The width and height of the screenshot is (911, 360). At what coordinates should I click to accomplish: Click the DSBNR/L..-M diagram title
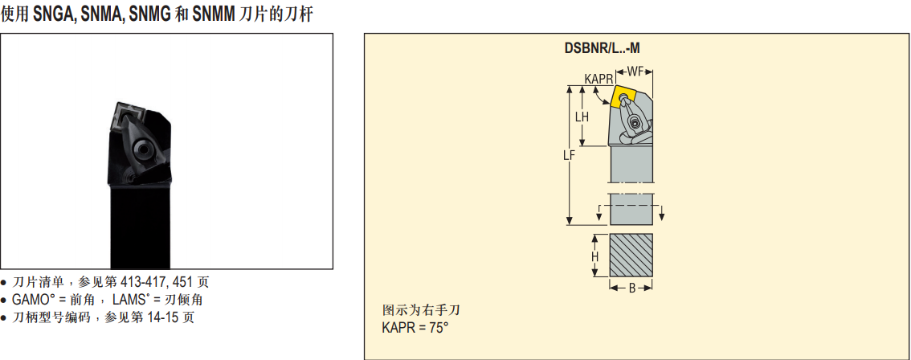tap(602, 48)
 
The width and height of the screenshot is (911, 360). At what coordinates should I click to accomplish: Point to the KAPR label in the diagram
tap(598, 79)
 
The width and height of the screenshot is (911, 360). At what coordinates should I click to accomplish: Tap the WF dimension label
tap(635, 72)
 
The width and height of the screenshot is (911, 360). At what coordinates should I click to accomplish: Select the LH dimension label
tap(582, 117)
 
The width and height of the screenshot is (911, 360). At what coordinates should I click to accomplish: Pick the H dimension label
tap(595, 256)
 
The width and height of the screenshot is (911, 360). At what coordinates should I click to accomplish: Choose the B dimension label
tap(631, 288)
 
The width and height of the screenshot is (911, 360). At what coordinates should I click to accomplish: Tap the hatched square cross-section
tap(631, 256)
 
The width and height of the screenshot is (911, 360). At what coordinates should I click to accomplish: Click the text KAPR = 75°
tap(415, 327)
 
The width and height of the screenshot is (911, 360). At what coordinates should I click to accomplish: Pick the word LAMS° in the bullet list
tap(131, 300)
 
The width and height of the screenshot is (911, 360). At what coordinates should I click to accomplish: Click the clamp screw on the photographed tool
tap(141, 150)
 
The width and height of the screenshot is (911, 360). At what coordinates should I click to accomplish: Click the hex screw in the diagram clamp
tap(634, 123)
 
